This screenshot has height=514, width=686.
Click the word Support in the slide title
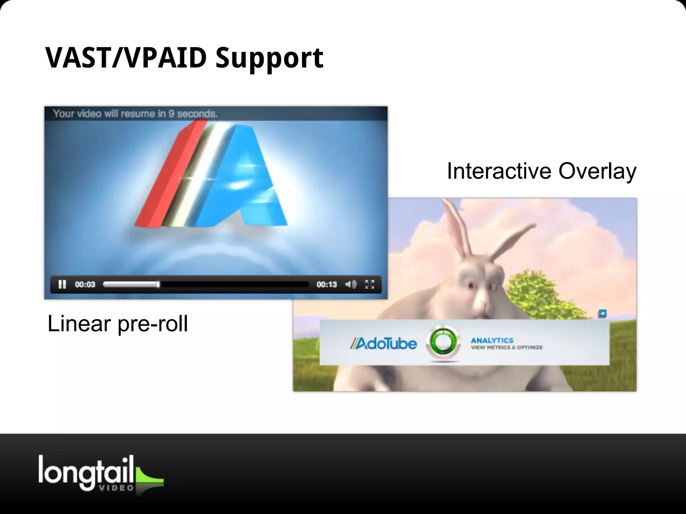click(x=269, y=58)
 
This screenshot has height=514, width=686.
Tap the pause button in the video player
click(x=62, y=284)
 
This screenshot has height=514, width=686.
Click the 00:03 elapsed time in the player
click(x=85, y=284)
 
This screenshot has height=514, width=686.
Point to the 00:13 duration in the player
click(x=327, y=284)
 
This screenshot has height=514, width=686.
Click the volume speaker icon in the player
click(x=351, y=284)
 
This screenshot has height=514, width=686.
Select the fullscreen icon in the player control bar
click(x=369, y=284)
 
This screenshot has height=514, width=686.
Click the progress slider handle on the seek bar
click(x=158, y=284)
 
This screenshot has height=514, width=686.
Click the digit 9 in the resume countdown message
click(x=171, y=114)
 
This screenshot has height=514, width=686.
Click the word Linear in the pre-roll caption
click(x=79, y=324)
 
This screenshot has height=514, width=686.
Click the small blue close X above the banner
click(x=603, y=314)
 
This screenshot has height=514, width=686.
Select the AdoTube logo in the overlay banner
click(x=384, y=344)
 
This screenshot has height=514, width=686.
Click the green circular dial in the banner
click(x=443, y=343)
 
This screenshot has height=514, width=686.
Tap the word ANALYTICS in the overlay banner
click(x=492, y=340)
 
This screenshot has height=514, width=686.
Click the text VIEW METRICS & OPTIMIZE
click(x=506, y=348)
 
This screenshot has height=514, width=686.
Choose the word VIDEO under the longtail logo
click(x=116, y=488)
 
